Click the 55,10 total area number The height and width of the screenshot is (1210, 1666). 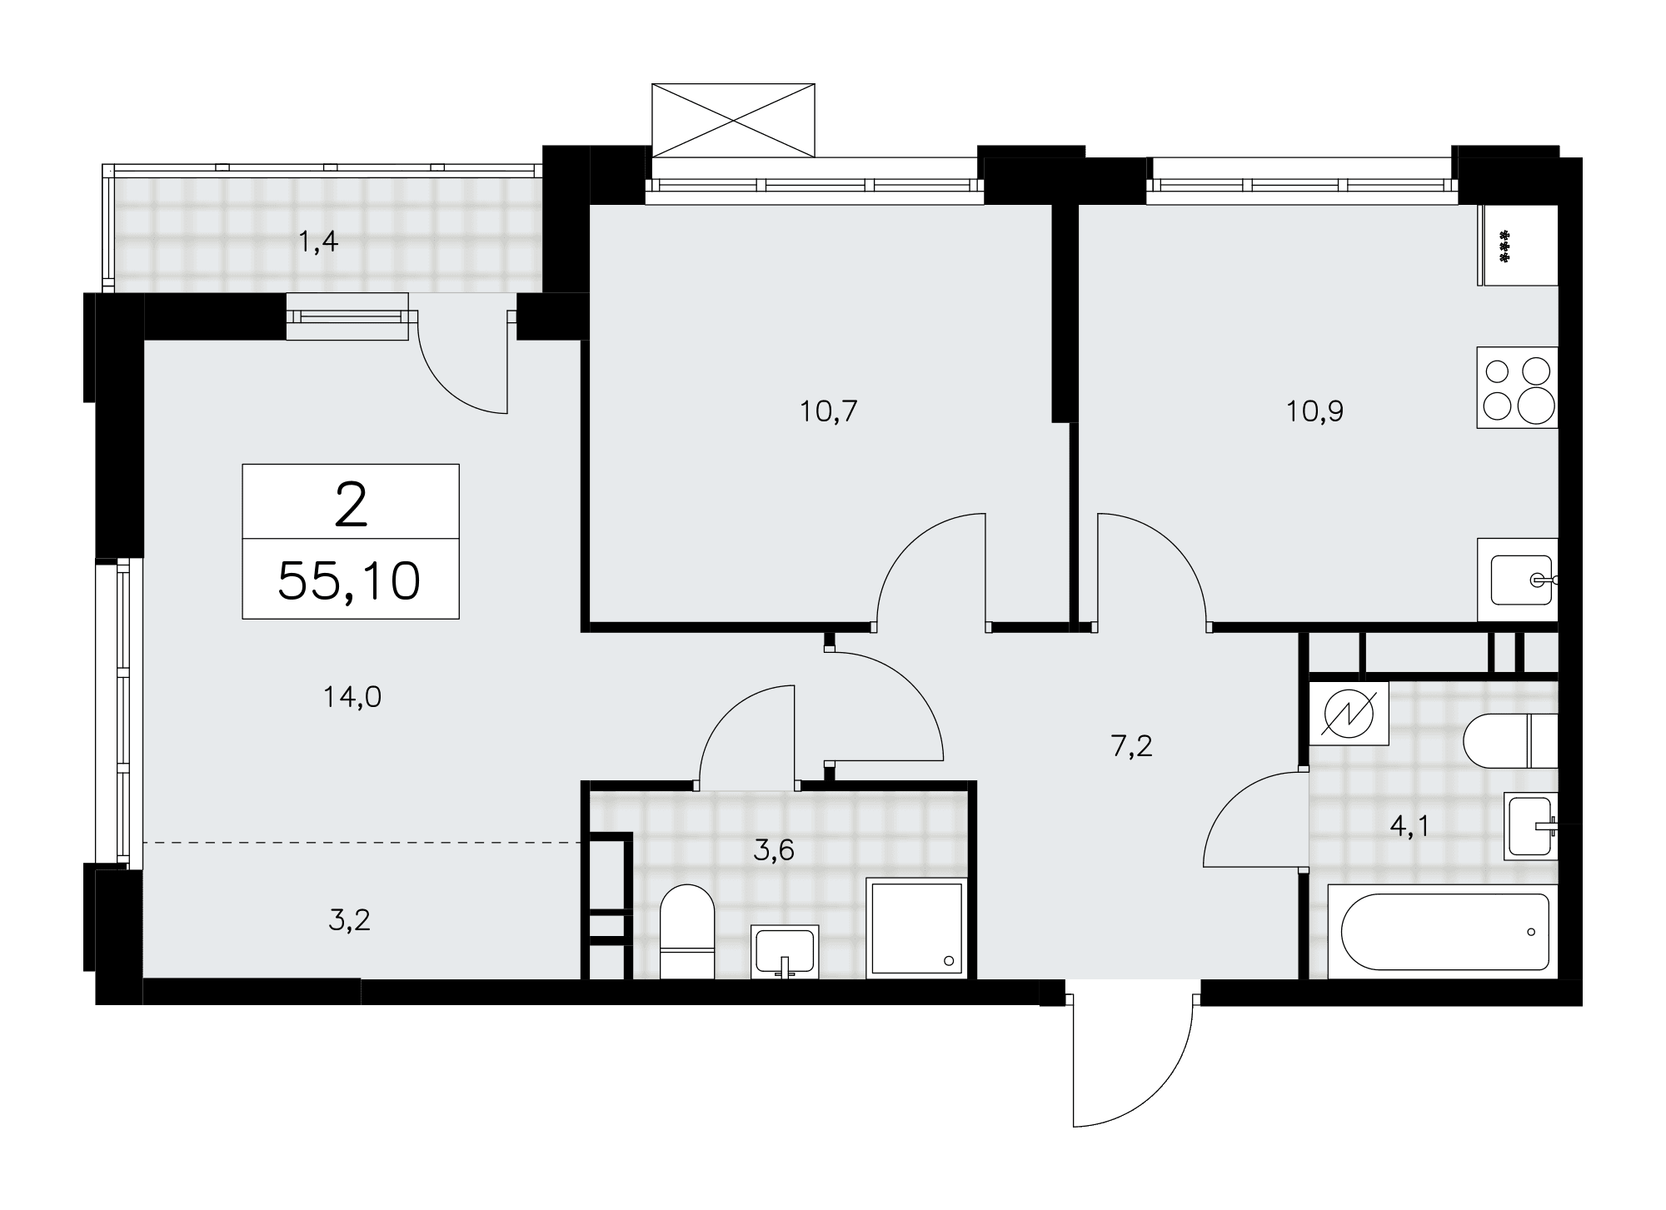click(349, 580)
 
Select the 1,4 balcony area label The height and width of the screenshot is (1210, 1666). click(318, 242)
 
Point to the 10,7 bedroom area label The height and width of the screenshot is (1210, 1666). click(829, 411)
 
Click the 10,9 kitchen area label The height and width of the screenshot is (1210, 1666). click(1315, 411)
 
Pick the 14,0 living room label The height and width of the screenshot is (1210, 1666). click(352, 697)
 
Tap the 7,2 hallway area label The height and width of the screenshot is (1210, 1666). click(1132, 746)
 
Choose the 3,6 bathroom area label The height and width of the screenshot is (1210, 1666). click(774, 850)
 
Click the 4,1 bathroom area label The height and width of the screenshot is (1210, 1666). click(1409, 827)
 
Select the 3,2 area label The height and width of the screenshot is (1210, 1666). click(349, 920)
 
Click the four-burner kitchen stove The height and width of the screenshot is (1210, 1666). click(1517, 387)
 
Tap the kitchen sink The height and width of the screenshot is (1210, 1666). click(1517, 580)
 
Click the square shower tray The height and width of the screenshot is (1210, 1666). click(917, 929)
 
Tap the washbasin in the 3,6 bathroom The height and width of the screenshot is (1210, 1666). click(785, 951)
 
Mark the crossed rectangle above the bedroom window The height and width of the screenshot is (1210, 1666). click(733, 120)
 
